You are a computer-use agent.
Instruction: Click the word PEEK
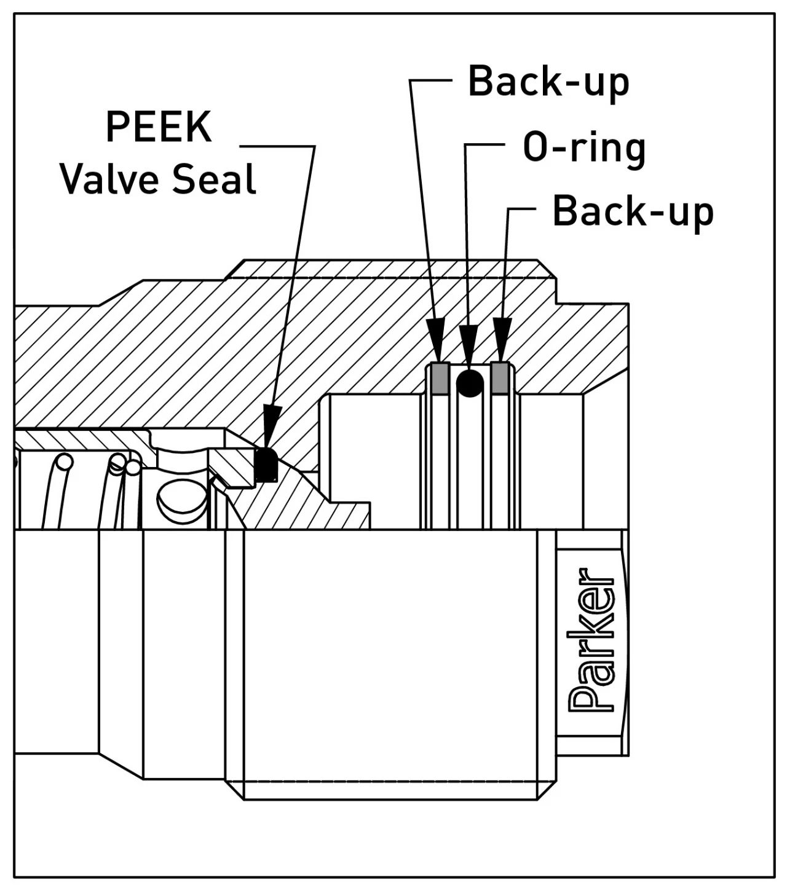click(159, 127)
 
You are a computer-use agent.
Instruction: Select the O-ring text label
click(583, 148)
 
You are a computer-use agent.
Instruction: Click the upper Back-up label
click(548, 82)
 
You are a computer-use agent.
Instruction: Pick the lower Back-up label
click(633, 212)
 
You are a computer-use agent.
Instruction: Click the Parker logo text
click(591, 639)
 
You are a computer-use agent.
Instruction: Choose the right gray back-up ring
click(502, 377)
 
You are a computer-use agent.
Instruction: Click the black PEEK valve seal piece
click(266, 464)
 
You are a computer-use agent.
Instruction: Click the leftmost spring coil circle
click(63, 462)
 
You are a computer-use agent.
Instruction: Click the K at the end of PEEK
click(199, 127)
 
